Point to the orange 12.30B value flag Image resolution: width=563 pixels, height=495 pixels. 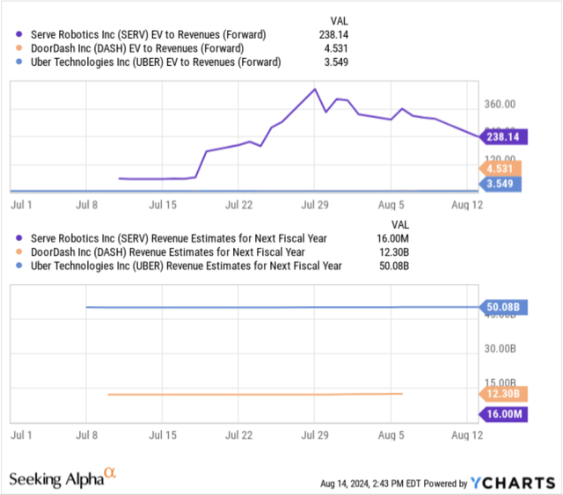(x=503, y=394)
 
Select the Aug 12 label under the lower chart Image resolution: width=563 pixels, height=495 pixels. (x=465, y=434)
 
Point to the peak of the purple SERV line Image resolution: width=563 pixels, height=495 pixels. (x=315, y=89)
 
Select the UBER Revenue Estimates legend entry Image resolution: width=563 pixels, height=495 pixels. (x=180, y=266)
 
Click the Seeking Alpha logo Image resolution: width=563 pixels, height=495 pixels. (x=62, y=478)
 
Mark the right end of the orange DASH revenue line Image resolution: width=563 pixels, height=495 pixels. (x=403, y=393)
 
